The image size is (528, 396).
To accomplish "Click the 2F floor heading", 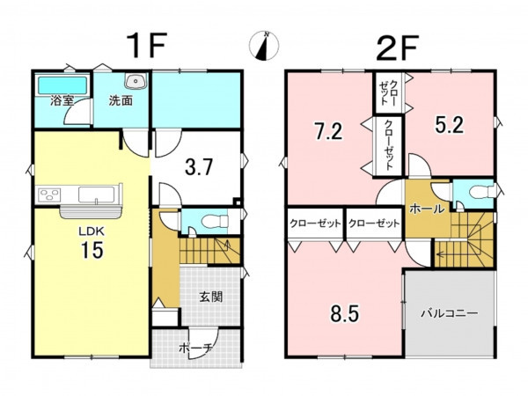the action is [x=398, y=48].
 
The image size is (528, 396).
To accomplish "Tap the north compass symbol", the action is [x=264, y=46].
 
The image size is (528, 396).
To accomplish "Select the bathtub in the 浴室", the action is [x=62, y=85].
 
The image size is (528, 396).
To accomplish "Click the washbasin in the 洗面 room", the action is [x=136, y=81].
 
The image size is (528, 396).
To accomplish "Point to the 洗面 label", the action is [x=121, y=100].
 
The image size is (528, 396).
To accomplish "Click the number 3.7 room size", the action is [x=199, y=166].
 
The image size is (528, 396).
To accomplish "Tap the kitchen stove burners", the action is [x=49, y=195].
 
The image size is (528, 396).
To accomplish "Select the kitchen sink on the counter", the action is [x=96, y=194].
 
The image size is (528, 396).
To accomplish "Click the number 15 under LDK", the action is [x=92, y=250].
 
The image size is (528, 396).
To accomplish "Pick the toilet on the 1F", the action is [x=215, y=222].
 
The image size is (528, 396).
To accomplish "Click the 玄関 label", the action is [x=211, y=297].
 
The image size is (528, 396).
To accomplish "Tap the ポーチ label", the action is [x=195, y=348].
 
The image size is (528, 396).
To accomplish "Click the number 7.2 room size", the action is [x=328, y=131].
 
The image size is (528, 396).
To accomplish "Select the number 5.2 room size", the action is [x=450, y=125].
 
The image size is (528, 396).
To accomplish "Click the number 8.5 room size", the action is [x=344, y=313].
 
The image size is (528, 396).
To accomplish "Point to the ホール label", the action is [x=427, y=209].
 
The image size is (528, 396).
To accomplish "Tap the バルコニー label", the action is [x=450, y=313].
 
